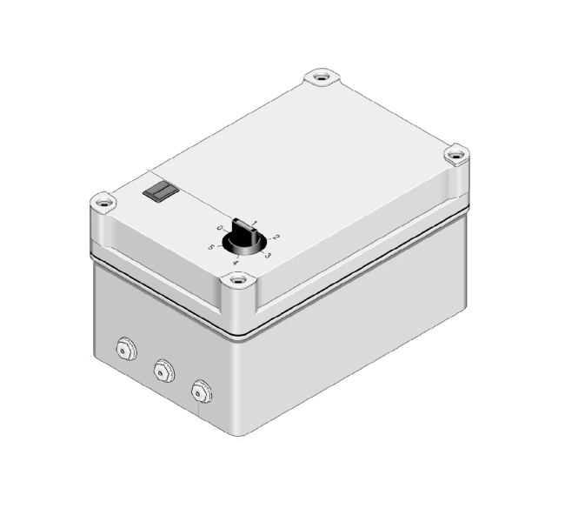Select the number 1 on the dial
pyautogui.click(x=255, y=223)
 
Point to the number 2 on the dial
pyautogui.click(x=275, y=237)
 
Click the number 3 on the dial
pyautogui.click(x=268, y=255)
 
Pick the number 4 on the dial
pyautogui.click(x=236, y=262)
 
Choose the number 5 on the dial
pyautogui.click(x=211, y=247)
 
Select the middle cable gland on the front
pyautogui.click(x=162, y=371)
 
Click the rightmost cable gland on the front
pyautogui.click(x=202, y=391)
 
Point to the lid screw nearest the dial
pyautogui.click(x=237, y=281)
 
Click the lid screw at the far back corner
pyautogui.click(x=322, y=77)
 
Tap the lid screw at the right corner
pyautogui.click(x=457, y=155)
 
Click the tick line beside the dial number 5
pyautogui.click(x=219, y=244)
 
